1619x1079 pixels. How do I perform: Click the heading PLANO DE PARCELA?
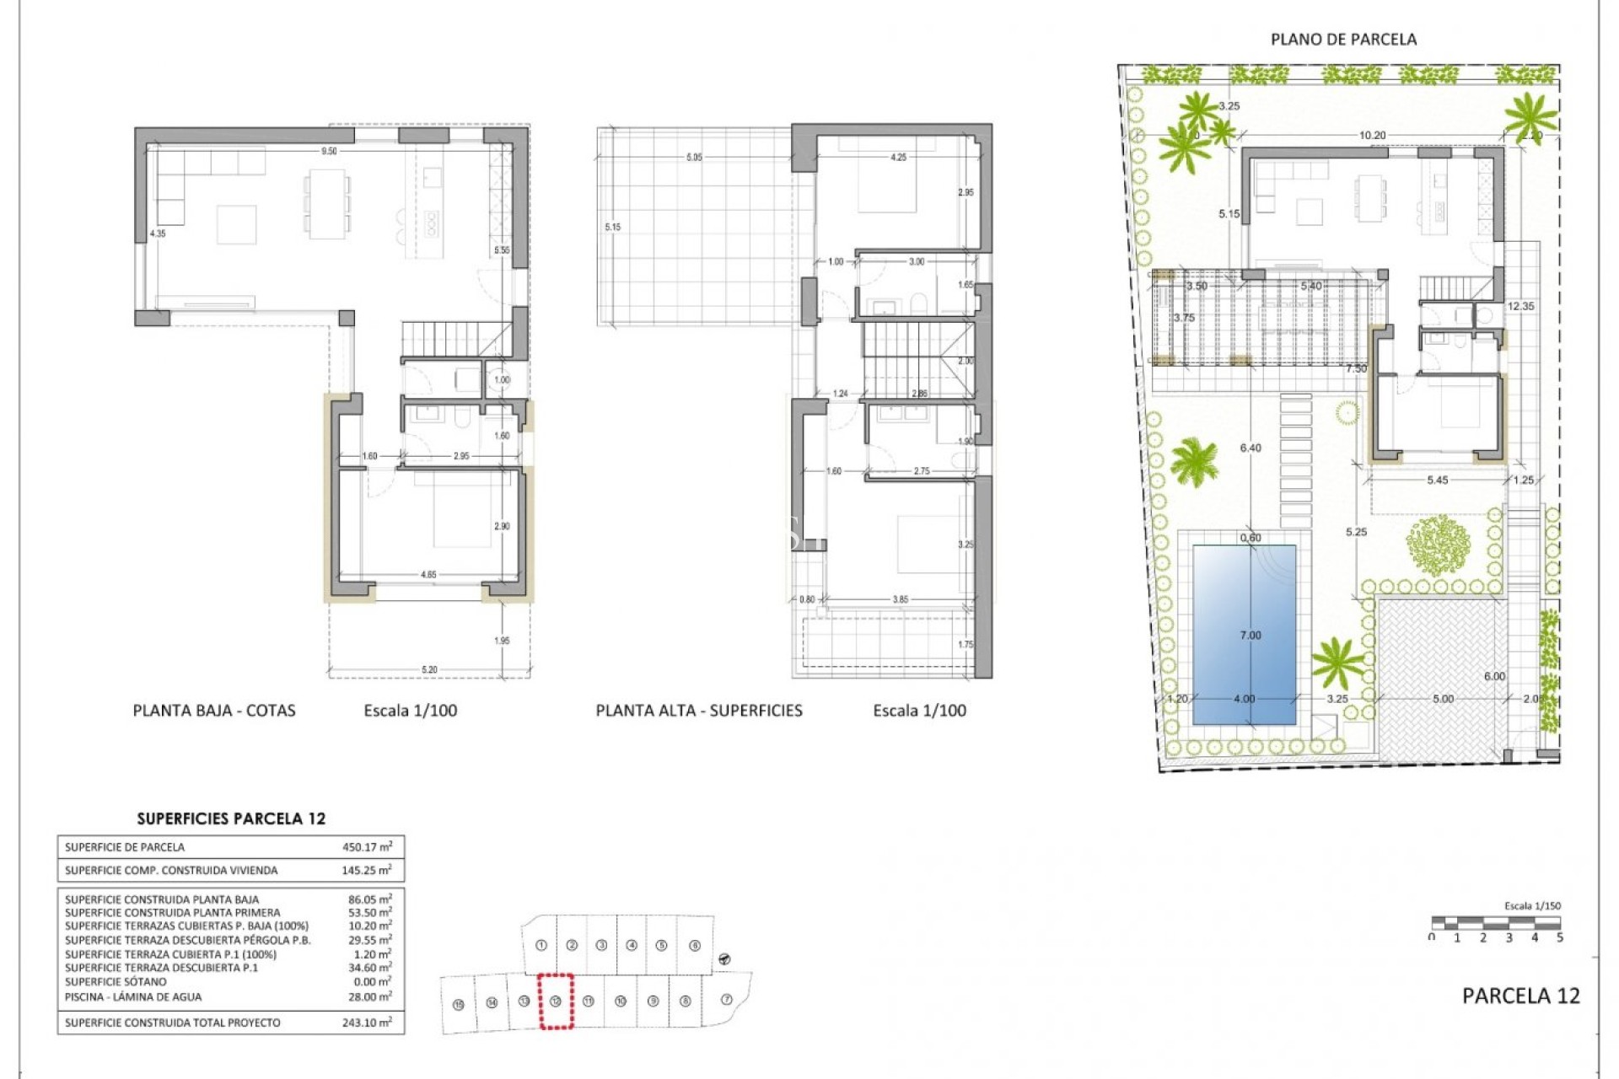tap(1343, 40)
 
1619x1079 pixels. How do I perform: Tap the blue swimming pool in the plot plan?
tap(1244, 607)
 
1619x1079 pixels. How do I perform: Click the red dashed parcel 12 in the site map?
tap(556, 1001)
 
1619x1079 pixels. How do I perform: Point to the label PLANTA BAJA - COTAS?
tap(214, 711)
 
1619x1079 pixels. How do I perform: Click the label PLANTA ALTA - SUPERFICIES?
tap(699, 711)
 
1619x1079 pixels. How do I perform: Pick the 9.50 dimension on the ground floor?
tap(329, 152)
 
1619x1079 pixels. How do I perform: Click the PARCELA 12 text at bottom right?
tap(1520, 996)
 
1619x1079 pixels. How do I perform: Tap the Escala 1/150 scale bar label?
tap(1532, 906)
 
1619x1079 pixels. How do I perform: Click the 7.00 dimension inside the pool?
tap(1251, 636)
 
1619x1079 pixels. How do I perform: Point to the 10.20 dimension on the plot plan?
tap(1372, 135)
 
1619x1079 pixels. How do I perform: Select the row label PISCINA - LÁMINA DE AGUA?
tap(133, 996)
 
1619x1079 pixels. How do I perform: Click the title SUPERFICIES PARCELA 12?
tap(231, 819)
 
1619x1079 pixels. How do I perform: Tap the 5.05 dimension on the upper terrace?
tap(694, 158)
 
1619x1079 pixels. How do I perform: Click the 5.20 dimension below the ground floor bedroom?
tap(429, 670)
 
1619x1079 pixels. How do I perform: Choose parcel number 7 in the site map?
tap(727, 1000)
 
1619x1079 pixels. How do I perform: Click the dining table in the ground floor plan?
tap(326, 203)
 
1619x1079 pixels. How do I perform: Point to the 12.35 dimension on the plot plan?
tap(1520, 307)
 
